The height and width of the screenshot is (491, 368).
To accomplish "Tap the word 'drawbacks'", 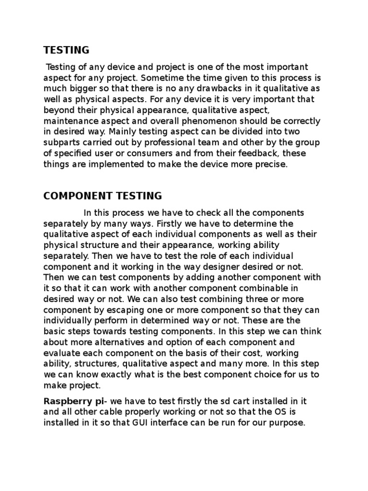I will click(x=224, y=89).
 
